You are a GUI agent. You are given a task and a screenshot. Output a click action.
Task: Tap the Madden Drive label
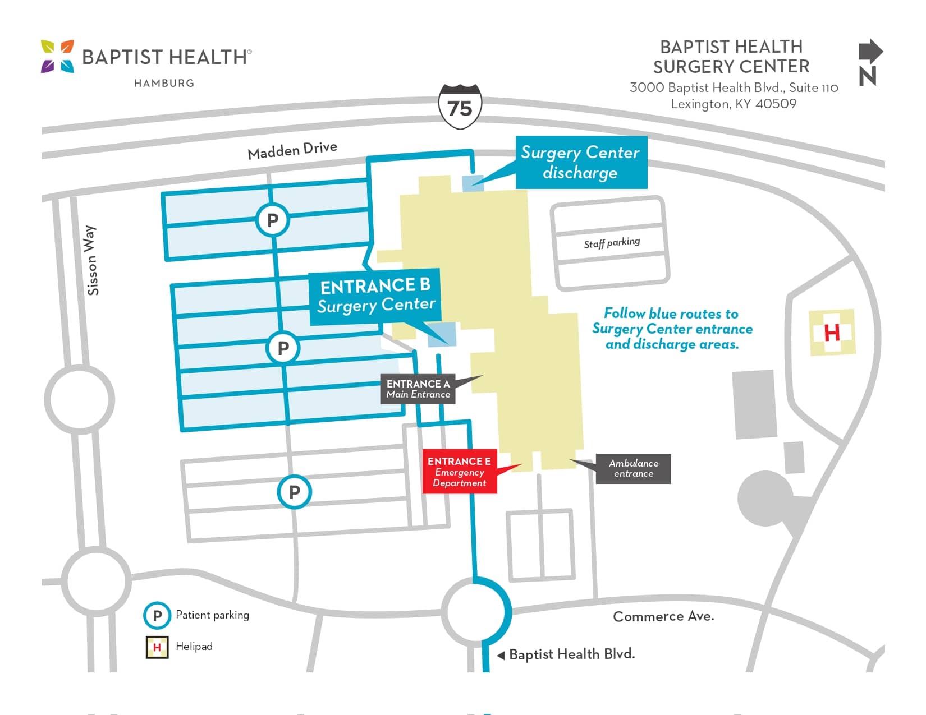click(x=292, y=150)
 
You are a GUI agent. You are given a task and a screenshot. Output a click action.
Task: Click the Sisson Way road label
click(x=91, y=261)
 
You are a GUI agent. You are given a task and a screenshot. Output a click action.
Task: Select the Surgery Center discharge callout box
click(x=581, y=162)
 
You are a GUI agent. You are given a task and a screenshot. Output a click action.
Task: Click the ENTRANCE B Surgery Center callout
click(x=375, y=296)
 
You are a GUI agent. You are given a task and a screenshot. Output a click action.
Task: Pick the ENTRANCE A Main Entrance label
click(x=418, y=389)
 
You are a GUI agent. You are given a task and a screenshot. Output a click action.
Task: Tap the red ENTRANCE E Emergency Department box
click(x=459, y=471)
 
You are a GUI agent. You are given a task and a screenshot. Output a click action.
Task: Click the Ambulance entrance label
click(x=633, y=468)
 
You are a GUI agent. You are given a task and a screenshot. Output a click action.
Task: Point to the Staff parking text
click(x=612, y=242)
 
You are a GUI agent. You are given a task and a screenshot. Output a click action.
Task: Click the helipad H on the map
click(x=832, y=333)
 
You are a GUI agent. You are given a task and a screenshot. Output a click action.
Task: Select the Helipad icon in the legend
click(x=157, y=647)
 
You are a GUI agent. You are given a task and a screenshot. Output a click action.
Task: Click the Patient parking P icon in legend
click(x=157, y=616)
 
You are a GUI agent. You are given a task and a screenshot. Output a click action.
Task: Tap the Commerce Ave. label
click(x=663, y=616)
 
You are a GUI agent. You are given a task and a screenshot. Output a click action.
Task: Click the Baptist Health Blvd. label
click(x=571, y=654)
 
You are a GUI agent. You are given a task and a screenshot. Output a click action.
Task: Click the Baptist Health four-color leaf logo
click(x=57, y=57)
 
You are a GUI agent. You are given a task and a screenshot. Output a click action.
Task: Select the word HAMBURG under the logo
click(x=164, y=83)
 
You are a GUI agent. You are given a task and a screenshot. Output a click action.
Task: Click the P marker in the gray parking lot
click(x=294, y=492)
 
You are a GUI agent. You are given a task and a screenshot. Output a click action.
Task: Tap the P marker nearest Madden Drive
click(x=272, y=220)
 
